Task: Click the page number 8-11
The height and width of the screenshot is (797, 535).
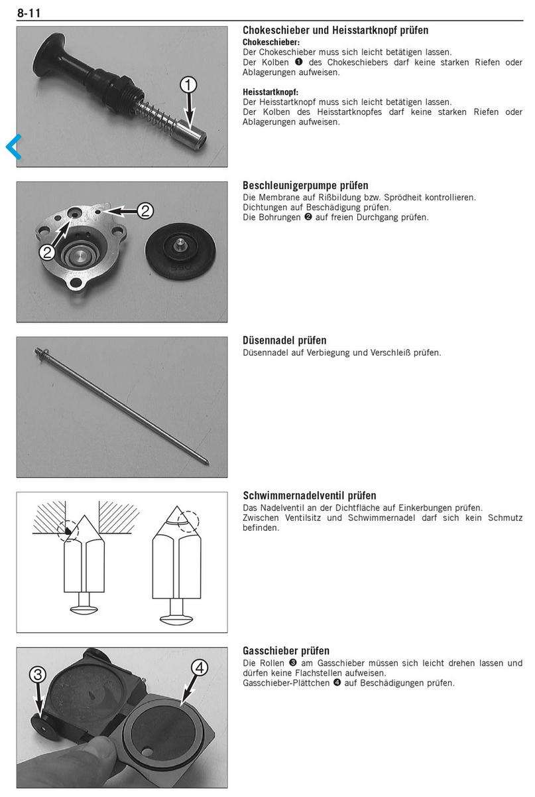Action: coord(29,11)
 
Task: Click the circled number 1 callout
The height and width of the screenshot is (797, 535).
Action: coord(189,85)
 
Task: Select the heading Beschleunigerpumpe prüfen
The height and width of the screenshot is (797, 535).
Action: coord(305,186)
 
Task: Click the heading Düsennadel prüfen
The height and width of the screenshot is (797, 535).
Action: coord(284,340)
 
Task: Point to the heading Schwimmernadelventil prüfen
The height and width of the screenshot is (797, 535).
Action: coord(310,496)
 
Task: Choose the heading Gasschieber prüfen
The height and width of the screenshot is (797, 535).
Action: coord(286,651)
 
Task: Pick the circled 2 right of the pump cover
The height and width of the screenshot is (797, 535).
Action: coord(145,211)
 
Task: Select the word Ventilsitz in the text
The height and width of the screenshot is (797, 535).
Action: coord(309,518)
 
